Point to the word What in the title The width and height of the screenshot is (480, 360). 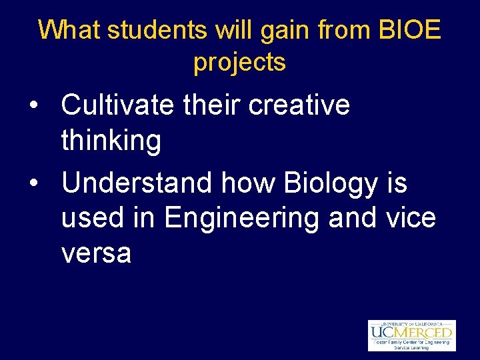point(69,30)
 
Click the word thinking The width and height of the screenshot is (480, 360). point(111,141)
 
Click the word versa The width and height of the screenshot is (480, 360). point(96,254)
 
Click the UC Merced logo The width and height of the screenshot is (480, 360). point(411,331)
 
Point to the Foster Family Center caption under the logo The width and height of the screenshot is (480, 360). point(411,344)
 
